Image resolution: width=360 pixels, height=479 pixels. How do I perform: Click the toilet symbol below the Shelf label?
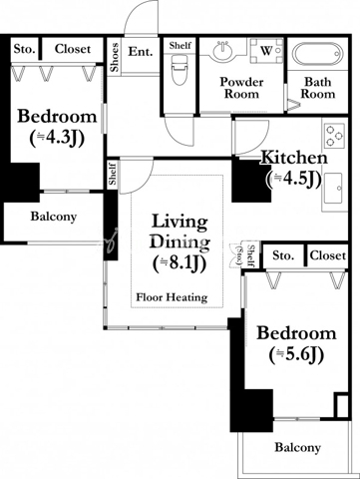180,71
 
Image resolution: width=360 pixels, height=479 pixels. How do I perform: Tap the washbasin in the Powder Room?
222,51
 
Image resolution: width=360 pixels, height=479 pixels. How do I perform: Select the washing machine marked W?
266,51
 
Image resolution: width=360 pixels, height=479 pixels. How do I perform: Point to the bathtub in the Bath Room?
317,54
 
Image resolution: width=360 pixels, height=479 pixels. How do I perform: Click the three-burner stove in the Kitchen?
334,136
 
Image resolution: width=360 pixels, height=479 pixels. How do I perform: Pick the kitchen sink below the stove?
333,188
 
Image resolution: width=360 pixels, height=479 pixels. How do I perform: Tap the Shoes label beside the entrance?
115,57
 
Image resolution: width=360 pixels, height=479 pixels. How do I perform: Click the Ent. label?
141,52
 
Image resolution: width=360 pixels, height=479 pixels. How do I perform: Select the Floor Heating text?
172,297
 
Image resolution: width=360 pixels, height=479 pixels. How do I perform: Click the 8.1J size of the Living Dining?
180,263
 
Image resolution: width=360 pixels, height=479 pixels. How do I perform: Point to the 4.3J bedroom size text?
57,138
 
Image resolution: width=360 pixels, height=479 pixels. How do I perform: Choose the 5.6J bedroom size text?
296,355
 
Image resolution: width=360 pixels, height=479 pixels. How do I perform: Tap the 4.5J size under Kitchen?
293,179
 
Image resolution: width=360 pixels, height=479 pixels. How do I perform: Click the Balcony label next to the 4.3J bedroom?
54,217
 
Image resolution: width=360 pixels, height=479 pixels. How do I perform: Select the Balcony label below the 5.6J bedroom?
297,448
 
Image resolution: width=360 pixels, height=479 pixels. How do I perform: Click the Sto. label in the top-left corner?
24,49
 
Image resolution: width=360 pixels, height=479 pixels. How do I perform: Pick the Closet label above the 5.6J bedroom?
328,255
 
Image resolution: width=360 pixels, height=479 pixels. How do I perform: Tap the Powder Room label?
241,88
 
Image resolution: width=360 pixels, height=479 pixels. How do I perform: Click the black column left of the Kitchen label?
251,181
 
